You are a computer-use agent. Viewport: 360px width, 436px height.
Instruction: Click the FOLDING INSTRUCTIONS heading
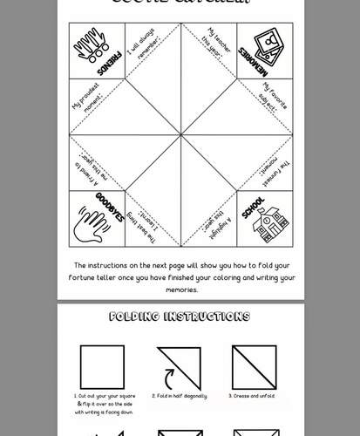tap(180, 317)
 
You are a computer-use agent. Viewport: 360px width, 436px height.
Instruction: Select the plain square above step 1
tap(103, 367)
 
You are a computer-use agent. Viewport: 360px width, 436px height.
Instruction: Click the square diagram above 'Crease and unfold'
tap(254, 367)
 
